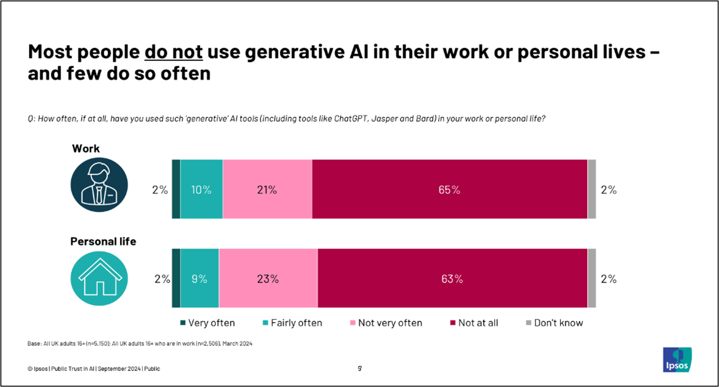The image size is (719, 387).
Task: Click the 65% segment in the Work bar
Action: [449, 190]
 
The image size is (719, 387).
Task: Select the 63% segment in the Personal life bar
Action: [452, 278]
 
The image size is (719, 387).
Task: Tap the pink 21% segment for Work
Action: [267, 190]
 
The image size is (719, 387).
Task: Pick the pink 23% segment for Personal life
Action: [268, 278]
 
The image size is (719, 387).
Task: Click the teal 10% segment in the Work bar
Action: [201, 190]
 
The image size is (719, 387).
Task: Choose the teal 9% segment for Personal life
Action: [199, 278]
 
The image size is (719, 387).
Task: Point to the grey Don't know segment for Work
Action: [591, 189]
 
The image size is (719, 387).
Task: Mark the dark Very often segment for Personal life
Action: [176, 278]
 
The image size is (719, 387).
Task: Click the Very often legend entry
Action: [207, 323]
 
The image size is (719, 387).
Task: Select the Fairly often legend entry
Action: [292, 323]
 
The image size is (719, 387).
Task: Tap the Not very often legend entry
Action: [386, 323]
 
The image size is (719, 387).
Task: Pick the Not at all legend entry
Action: [474, 323]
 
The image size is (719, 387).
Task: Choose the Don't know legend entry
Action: [555, 323]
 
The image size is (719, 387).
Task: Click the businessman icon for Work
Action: [99, 185]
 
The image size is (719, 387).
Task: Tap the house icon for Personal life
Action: [99, 278]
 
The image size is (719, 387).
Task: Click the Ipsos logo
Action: [677, 360]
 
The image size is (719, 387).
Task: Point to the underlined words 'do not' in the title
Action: [173, 52]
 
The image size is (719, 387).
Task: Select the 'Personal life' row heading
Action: [103, 242]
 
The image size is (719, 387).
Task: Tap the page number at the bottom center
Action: [360, 368]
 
